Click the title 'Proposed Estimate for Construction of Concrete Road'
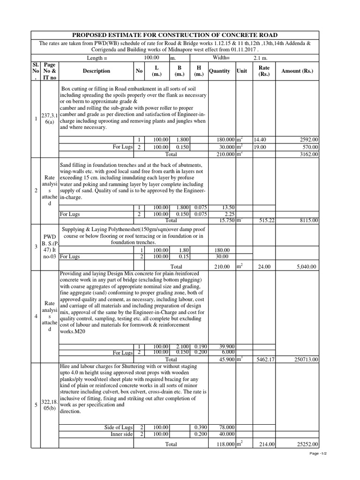[174, 35]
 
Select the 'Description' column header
[97, 71]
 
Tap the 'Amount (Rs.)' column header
[297, 71]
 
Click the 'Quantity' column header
[219, 71]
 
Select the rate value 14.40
[260, 140]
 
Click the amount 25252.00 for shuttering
[308, 444]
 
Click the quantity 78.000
[226, 427]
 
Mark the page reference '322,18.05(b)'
[49, 405]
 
